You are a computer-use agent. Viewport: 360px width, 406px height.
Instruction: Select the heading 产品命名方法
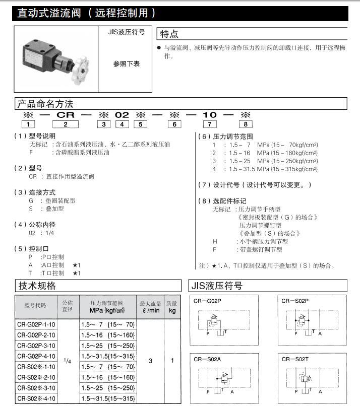point(45,104)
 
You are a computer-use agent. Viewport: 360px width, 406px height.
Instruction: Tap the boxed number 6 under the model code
point(174,124)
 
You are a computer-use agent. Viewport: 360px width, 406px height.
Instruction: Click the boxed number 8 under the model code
point(246,124)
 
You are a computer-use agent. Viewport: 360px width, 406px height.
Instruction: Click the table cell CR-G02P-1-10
point(36,324)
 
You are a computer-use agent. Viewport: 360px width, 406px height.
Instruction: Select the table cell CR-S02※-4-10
point(36,398)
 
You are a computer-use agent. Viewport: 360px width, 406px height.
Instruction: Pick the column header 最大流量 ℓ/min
point(150,307)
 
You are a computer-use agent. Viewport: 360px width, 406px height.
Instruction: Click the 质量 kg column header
point(172,307)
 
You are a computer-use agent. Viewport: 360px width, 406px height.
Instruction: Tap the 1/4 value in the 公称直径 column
point(67,361)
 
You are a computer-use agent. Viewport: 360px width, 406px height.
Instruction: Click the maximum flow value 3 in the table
point(150,361)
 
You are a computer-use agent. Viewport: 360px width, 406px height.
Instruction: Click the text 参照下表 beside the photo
point(126,64)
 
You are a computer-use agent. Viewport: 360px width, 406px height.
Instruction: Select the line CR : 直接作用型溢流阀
point(62,176)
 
